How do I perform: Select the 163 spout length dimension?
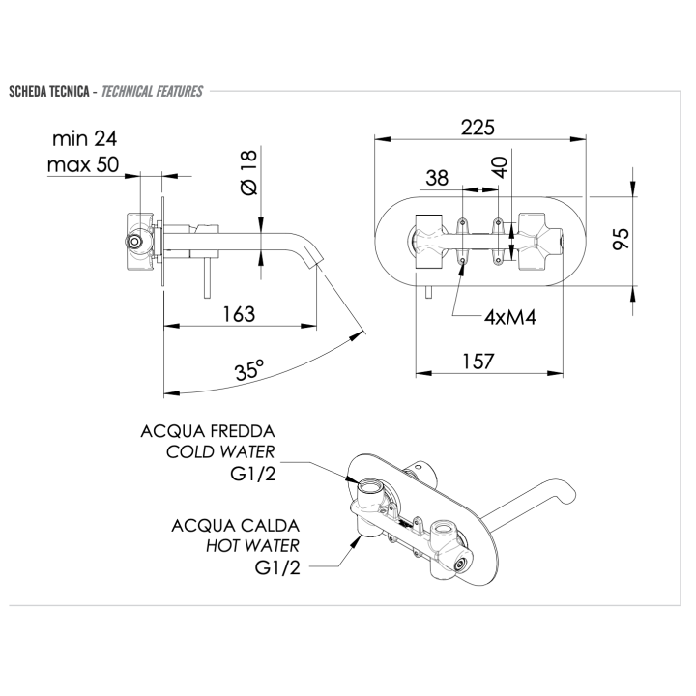(238, 313)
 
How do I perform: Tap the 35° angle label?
(248, 370)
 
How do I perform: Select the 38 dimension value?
(437, 178)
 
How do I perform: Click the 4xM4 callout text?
(511, 316)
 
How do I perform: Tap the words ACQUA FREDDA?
(209, 430)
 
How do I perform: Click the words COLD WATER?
(221, 452)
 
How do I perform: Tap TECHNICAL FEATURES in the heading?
(152, 92)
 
